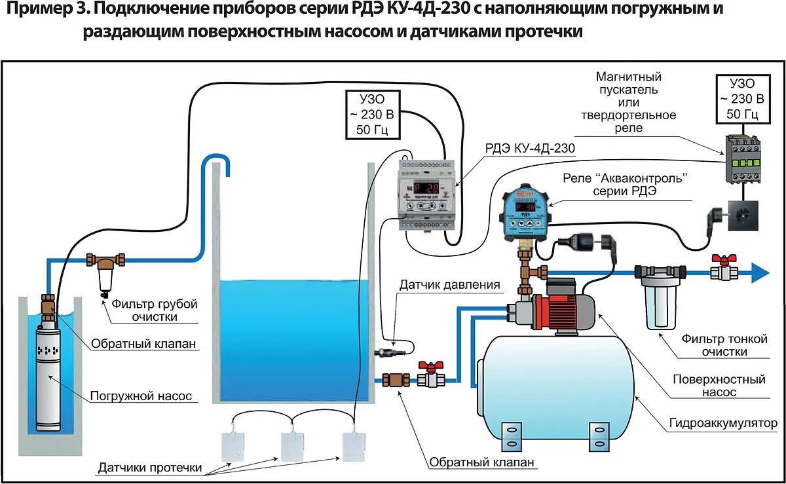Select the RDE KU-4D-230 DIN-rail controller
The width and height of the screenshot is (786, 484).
point(425,195)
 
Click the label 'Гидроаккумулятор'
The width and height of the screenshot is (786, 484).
point(723,423)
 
